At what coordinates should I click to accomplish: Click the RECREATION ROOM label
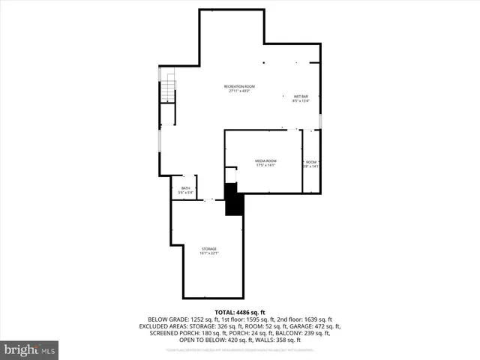[239, 87]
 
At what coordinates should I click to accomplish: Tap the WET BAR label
[300, 97]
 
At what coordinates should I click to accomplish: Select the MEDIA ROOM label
[265, 161]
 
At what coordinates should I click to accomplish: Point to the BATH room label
[185, 189]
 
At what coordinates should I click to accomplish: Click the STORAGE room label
[208, 249]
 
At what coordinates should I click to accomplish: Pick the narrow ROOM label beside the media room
[310, 162]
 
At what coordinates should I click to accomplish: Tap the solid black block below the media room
[234, 201]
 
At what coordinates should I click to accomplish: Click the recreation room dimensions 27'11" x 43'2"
[239, 91]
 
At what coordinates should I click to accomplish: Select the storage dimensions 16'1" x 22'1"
[208, 253]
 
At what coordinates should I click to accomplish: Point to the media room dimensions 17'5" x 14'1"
[265, 166]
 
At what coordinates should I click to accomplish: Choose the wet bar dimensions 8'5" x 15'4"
[300, 101]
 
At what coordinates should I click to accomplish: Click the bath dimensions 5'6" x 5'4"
[185, 193]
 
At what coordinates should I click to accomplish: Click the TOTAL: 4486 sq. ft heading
[239, 311]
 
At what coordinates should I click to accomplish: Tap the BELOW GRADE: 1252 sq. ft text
[179, 319]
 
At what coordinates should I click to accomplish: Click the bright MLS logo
[30, 349]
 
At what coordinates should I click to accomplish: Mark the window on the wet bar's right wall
[320, 120]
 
